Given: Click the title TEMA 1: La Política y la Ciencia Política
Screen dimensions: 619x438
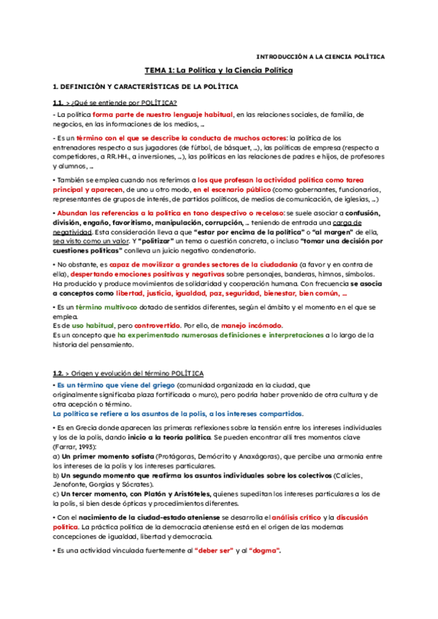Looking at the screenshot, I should (218, 70).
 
